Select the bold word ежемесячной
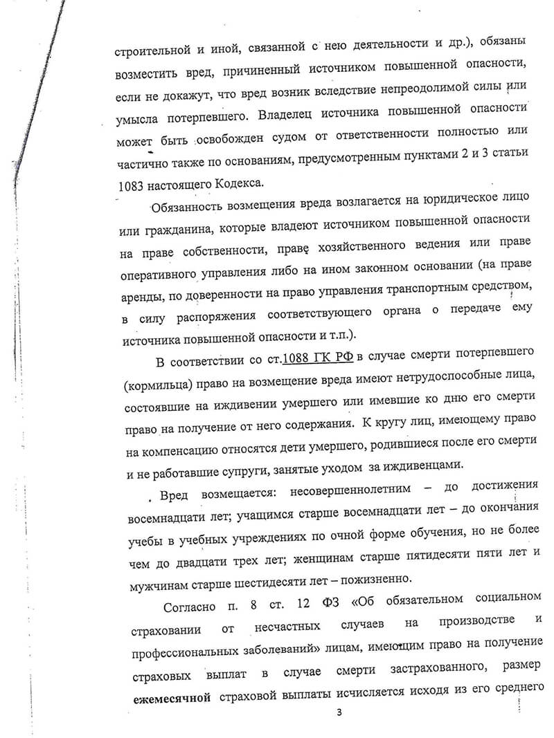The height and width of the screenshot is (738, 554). [x=172, y=698]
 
